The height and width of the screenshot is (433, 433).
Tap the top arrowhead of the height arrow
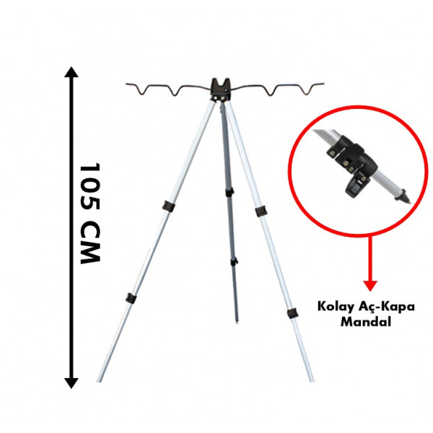tap(71, 72)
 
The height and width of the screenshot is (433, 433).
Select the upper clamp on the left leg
tap(169, 207)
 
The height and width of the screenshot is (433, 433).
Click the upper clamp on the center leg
tap(229, 192)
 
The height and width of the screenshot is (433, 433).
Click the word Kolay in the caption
tap(334, 307)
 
